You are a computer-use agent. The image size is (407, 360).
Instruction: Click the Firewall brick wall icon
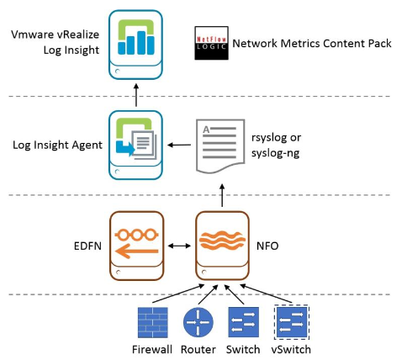153,322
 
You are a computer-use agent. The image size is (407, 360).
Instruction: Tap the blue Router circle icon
198,322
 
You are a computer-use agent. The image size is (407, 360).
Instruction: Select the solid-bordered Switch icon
243,322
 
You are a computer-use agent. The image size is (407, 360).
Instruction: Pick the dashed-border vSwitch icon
292,322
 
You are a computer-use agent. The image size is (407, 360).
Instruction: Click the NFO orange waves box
222,246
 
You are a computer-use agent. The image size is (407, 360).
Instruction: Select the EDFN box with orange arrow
136,246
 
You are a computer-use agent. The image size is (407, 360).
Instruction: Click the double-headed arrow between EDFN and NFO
179,246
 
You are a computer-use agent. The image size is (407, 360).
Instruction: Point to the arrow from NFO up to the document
222,195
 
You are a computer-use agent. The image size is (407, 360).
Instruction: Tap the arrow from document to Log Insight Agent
179,145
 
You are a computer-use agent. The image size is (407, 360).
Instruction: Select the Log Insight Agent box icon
135,145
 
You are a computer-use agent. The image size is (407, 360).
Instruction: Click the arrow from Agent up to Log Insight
136,95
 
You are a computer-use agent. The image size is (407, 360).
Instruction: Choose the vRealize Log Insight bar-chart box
135,45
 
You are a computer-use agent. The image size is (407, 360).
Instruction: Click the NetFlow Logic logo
212,43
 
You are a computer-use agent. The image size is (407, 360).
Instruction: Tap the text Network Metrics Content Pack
312,44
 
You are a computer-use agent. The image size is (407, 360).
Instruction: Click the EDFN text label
87,246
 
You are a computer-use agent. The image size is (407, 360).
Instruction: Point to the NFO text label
267,246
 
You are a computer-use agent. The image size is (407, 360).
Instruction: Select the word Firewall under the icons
152,350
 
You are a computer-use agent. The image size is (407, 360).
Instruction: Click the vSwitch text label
291,350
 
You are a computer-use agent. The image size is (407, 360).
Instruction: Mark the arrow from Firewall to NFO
178,294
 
